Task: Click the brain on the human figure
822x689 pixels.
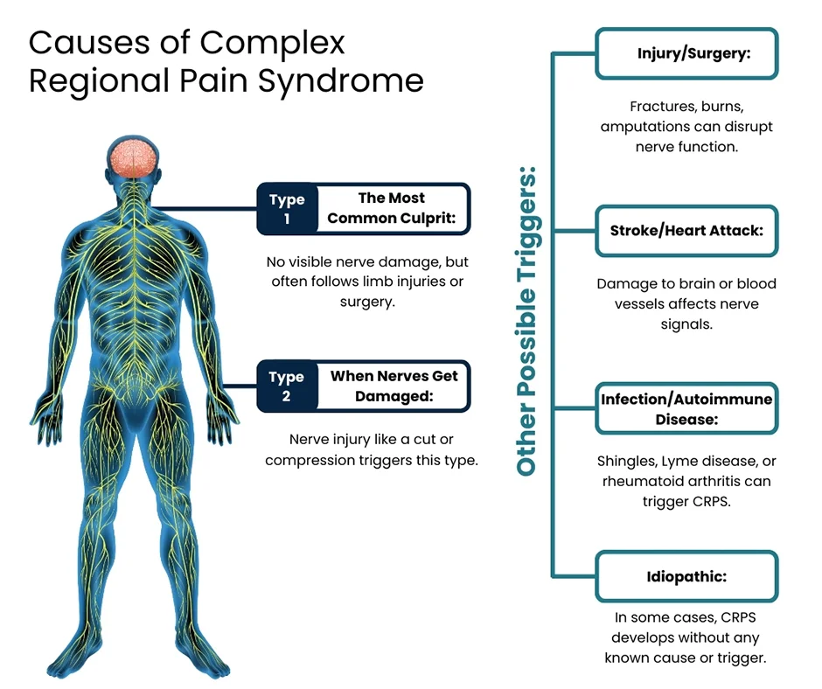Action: point(134,157)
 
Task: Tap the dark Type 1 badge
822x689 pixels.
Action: point(286,208)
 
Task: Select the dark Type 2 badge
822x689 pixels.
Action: point(286,386)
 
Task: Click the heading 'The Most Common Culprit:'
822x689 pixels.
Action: point(392,208)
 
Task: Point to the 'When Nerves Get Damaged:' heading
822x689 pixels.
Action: point(394,386)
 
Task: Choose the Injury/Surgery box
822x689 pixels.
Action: point(686,52)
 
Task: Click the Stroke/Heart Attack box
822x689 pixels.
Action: point(686,232)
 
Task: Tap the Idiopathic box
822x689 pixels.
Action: point(686,577)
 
